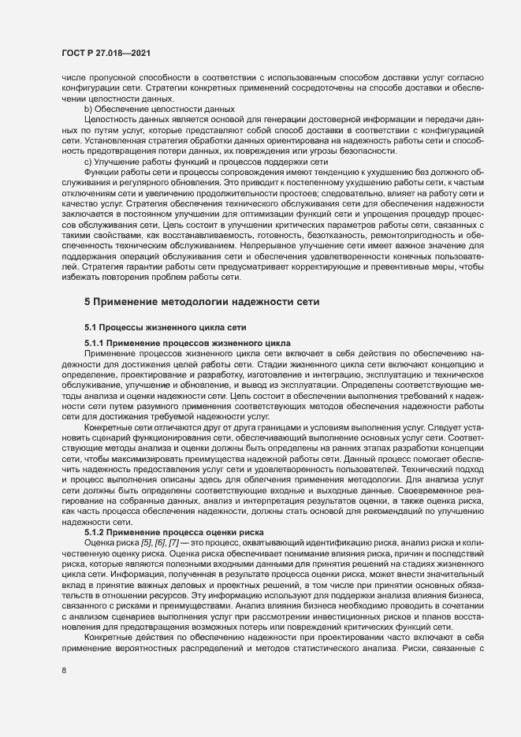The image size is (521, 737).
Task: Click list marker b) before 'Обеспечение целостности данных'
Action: pyautogui.click(x=88, y=108)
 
